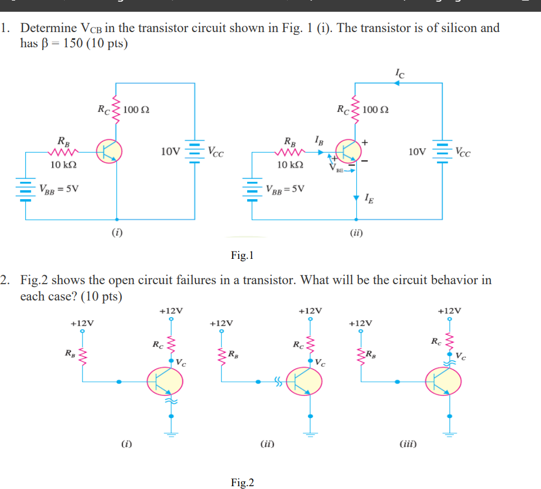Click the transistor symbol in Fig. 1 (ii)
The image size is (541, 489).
click(349, 151)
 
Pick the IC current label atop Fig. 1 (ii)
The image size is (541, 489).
click(399, 71)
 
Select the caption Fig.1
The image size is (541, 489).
click(242, 256)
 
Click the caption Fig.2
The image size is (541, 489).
click(242, 483)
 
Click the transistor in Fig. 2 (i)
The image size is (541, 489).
click(165, 382)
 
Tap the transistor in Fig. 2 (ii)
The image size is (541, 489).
click(304, 382)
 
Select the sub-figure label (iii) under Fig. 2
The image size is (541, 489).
click(408, 444)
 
